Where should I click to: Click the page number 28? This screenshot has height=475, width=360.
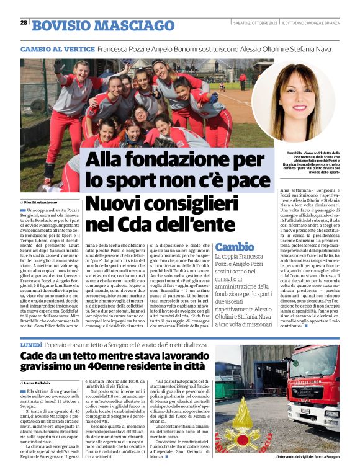24,22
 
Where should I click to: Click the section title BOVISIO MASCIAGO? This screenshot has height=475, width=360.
103,25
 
